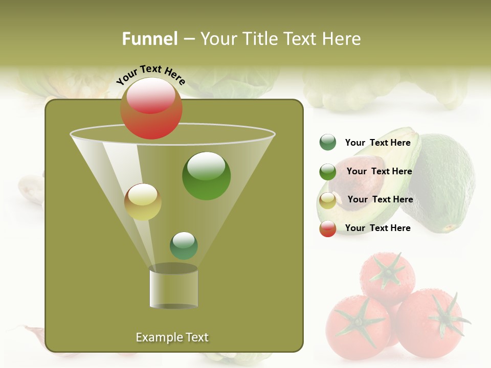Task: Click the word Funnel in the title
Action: pyautogui.click(x=150, y=39)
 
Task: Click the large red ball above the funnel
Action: pyautogui.click(x=151, y=108)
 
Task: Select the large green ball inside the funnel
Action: pyautogui.click(x=206, y=176)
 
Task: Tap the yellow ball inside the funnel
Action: pyautogui.click(x=143, y=202)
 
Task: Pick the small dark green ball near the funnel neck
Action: pyautogui.click(x=184, y=246)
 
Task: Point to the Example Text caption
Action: pyautogui.click(x=172, y=337)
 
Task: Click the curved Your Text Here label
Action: pyautogui.click(x=151, y=74)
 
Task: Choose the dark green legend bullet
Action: pyautogui.click(x=328, y=143)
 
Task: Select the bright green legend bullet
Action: pyautogui.click(x=328, y=171)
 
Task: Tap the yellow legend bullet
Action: pyautogui.click(x=328, y=200)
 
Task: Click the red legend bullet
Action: pyautogui.click(x=328, y=228)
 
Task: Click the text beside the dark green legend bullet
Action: pyautogui.click(x=377, y=143)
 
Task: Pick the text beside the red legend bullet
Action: pyautogui.click(x=377, y=228)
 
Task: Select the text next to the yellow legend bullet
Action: pyautogui.click(x=380, y=199)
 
